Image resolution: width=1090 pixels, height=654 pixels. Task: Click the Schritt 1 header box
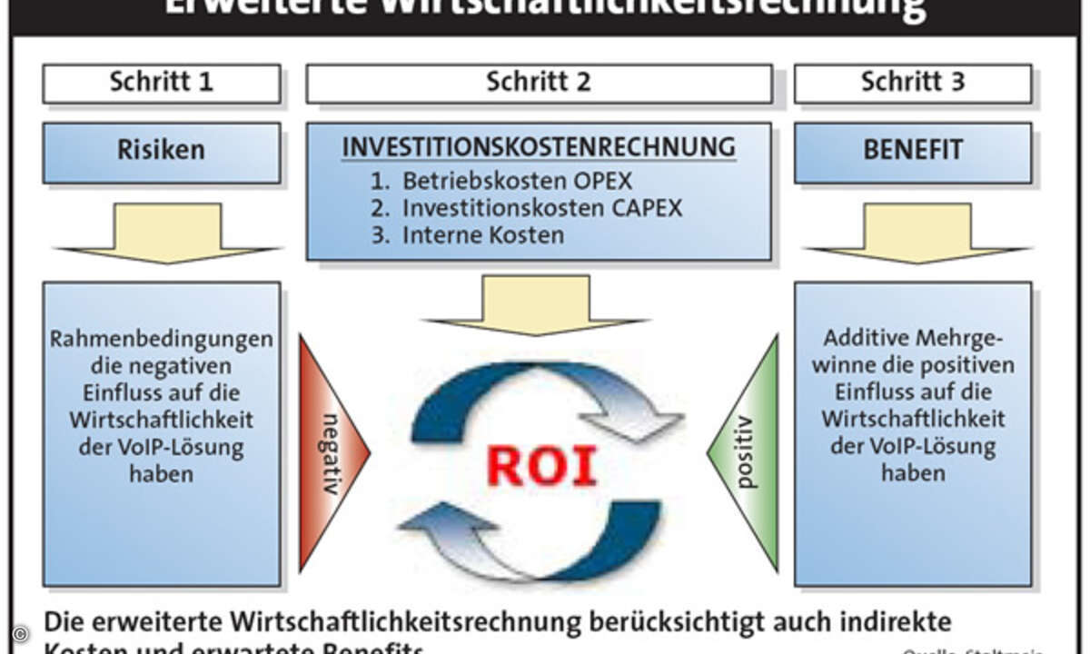pyautogui.click(x=162, y=84)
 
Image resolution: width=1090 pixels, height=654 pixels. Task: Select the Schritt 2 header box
pyautogui.click(x=539, y=84)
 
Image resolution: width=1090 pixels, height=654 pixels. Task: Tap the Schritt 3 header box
pyautogui.click(x=913, y=84)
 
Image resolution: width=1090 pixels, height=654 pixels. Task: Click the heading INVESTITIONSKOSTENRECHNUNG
pyautogui.click(x=539, y=147)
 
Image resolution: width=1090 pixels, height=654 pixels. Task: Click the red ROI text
pyautogui.click(x=541, y=465)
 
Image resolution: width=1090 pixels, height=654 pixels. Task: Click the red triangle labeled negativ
pyautogui.click(x=329, y=452)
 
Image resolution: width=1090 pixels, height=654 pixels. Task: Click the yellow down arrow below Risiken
pyautogui.click(x=166, y=233)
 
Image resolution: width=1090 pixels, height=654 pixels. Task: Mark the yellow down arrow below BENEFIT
pyautogui.click(x=917, y=233)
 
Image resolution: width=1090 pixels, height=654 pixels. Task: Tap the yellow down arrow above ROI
pyautogui.click(x=536, y=304)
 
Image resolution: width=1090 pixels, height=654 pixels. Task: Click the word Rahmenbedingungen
pyautogui.click(x=162, y=340)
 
